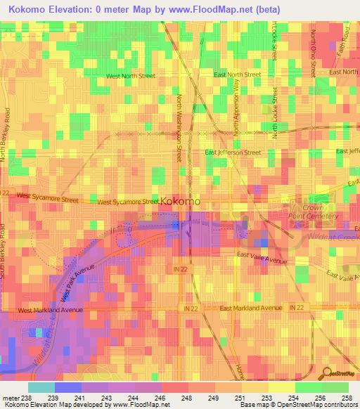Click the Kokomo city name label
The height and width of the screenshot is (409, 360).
[180, 201]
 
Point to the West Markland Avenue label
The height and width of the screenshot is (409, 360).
[51, 309]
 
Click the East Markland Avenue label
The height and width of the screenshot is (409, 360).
[251, 309]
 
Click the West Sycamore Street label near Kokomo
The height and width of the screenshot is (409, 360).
[127, 202]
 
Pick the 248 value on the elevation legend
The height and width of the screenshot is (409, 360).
[188, 397]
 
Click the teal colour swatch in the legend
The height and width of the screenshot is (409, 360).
[41, 387]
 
